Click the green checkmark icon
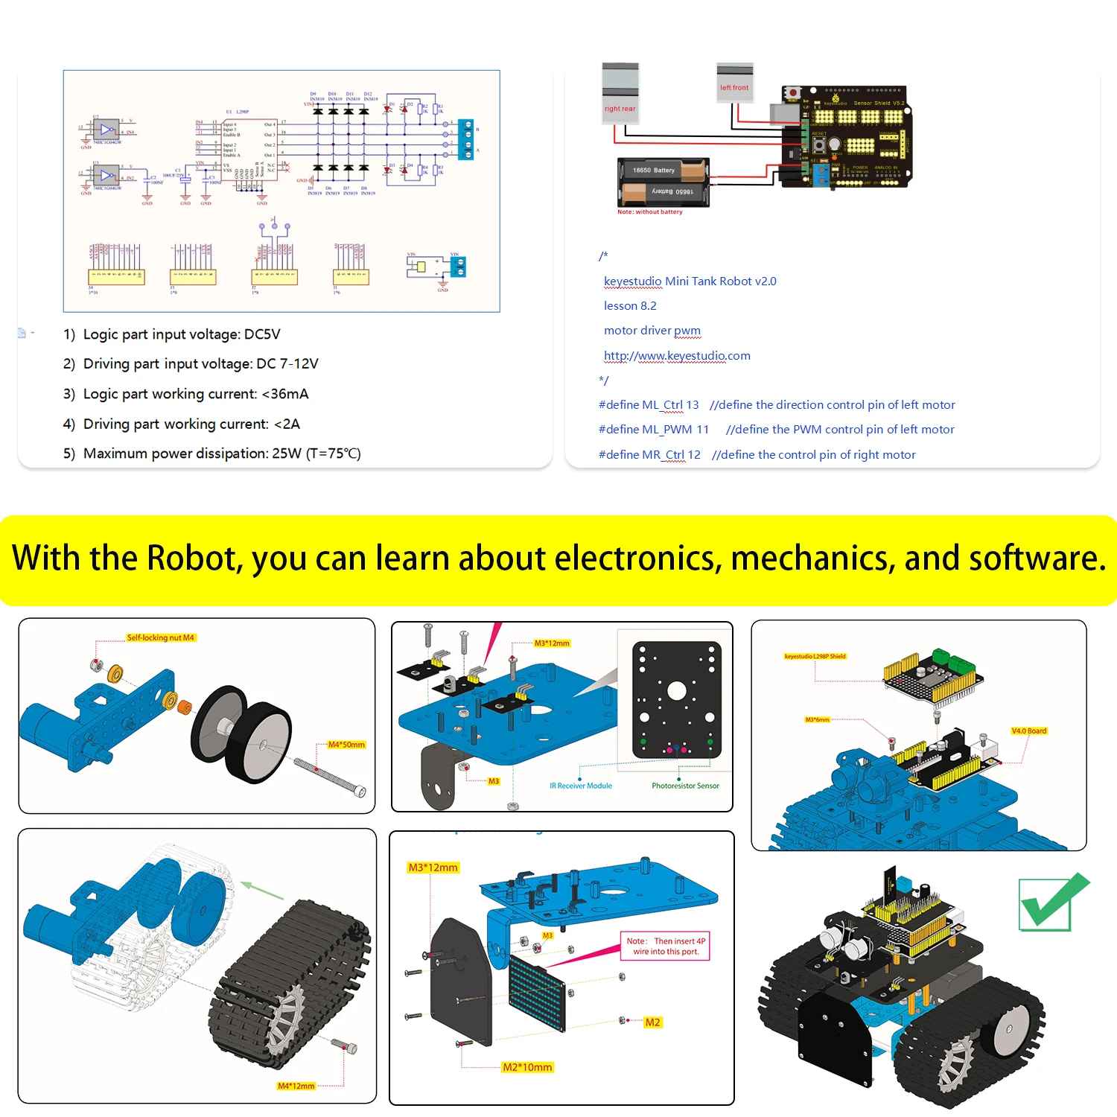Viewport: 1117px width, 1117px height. pos(1051,903)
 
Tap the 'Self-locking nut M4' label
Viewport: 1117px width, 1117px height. pos(160,638)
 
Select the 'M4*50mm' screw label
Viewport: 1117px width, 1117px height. pos(346,745)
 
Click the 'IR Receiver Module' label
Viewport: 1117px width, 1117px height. pos(580,786)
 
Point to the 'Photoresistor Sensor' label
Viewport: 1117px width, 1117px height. pos(685,786)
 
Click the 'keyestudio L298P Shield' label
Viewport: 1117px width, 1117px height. pos(815,657)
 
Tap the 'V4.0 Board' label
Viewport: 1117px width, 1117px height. pos(1028,731)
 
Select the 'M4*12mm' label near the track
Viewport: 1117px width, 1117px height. pos(296,1086)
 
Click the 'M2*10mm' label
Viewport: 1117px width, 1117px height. pos(527,1067)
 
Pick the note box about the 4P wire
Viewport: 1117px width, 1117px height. pos(665,946)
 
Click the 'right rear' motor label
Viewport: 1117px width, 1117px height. pos(620,109)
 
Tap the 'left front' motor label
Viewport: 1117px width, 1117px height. pos(734,88)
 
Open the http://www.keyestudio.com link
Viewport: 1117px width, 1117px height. pos(677,356)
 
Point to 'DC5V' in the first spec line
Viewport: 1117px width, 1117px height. pos(262,334)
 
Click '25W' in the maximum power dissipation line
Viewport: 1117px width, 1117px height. pos(287,454)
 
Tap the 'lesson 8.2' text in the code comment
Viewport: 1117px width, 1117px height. pos(630,306)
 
